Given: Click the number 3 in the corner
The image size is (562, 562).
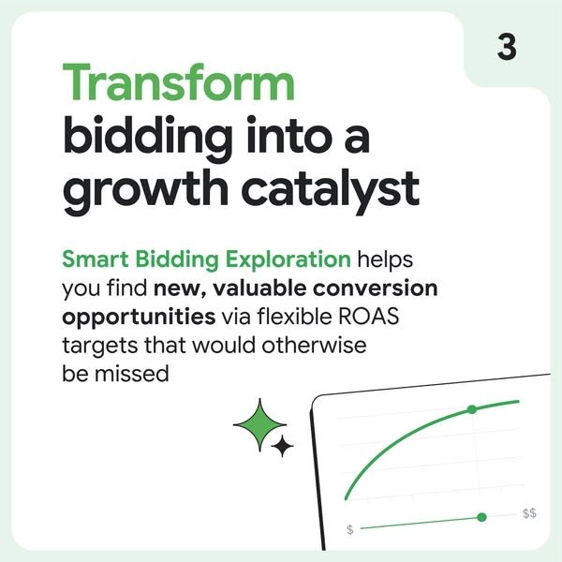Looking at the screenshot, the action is tap(507, 47).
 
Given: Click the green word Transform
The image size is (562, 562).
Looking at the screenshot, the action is tap(179, 81).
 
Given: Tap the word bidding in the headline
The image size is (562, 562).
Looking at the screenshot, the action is tap(148, 139).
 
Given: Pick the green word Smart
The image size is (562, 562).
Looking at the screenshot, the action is tap(96, 259).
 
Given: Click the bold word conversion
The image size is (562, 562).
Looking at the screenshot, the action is tap(376, 288).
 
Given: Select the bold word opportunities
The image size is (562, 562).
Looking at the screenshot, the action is tap(139, 318).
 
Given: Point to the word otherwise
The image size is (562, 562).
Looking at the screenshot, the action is tap(314, 345).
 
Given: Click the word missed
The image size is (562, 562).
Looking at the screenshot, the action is tap(131, 374).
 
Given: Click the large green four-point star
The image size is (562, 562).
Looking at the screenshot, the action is tap(259, 425).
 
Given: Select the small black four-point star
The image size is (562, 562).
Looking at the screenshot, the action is tap(283, 446).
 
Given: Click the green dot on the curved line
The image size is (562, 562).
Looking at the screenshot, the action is tap(472, 409).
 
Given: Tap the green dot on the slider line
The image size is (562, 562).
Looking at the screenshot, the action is tap(482, 517).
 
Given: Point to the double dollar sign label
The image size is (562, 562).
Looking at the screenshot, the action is tap(529, 513).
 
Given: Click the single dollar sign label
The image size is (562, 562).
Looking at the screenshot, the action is tap(350, 529).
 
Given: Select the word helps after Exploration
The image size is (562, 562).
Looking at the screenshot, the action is tap(385, 259).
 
